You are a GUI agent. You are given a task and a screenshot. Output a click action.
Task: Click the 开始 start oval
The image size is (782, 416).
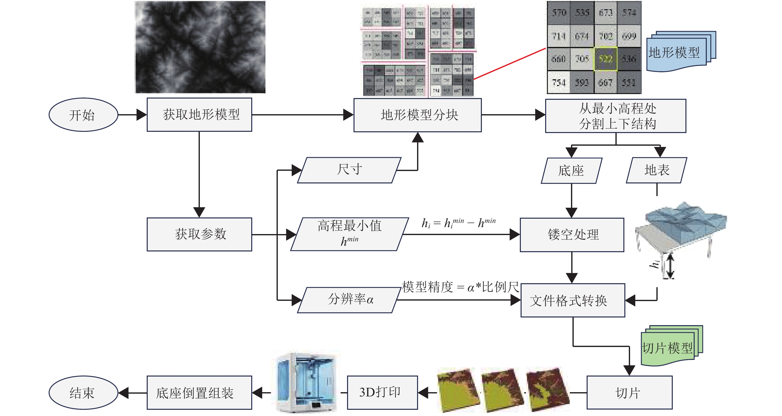(x=83, y=115)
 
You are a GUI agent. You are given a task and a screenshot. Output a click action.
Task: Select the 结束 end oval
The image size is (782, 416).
(x=83, y=393)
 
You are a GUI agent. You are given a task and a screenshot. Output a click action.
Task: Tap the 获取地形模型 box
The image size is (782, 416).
(x=199, y=115)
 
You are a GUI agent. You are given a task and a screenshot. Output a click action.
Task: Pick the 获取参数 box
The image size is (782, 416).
(x=199, y=234)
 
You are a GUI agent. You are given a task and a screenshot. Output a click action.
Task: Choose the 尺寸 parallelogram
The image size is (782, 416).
(x=349, y=170)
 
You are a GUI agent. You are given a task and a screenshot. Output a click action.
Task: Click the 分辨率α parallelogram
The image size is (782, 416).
(x=349, y=300)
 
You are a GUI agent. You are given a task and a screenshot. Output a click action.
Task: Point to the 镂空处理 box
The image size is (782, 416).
(x=572, y=235)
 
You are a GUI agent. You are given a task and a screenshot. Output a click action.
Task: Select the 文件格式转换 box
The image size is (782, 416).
(x=572, y=300)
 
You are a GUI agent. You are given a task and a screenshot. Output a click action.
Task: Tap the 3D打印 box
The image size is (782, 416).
(x=382, y=393)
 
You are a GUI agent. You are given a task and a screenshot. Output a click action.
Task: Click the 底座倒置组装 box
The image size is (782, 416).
(x=199, y=393)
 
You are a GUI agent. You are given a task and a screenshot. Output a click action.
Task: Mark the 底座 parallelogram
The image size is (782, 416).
(x=571, y=171)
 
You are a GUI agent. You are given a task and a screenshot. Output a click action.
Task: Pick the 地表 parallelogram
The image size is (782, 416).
(x=656, y=170)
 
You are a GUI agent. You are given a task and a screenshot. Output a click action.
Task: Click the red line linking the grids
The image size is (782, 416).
(x=510, y=64)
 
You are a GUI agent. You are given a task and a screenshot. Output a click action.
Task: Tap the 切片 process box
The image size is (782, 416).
(x=629, y=393)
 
